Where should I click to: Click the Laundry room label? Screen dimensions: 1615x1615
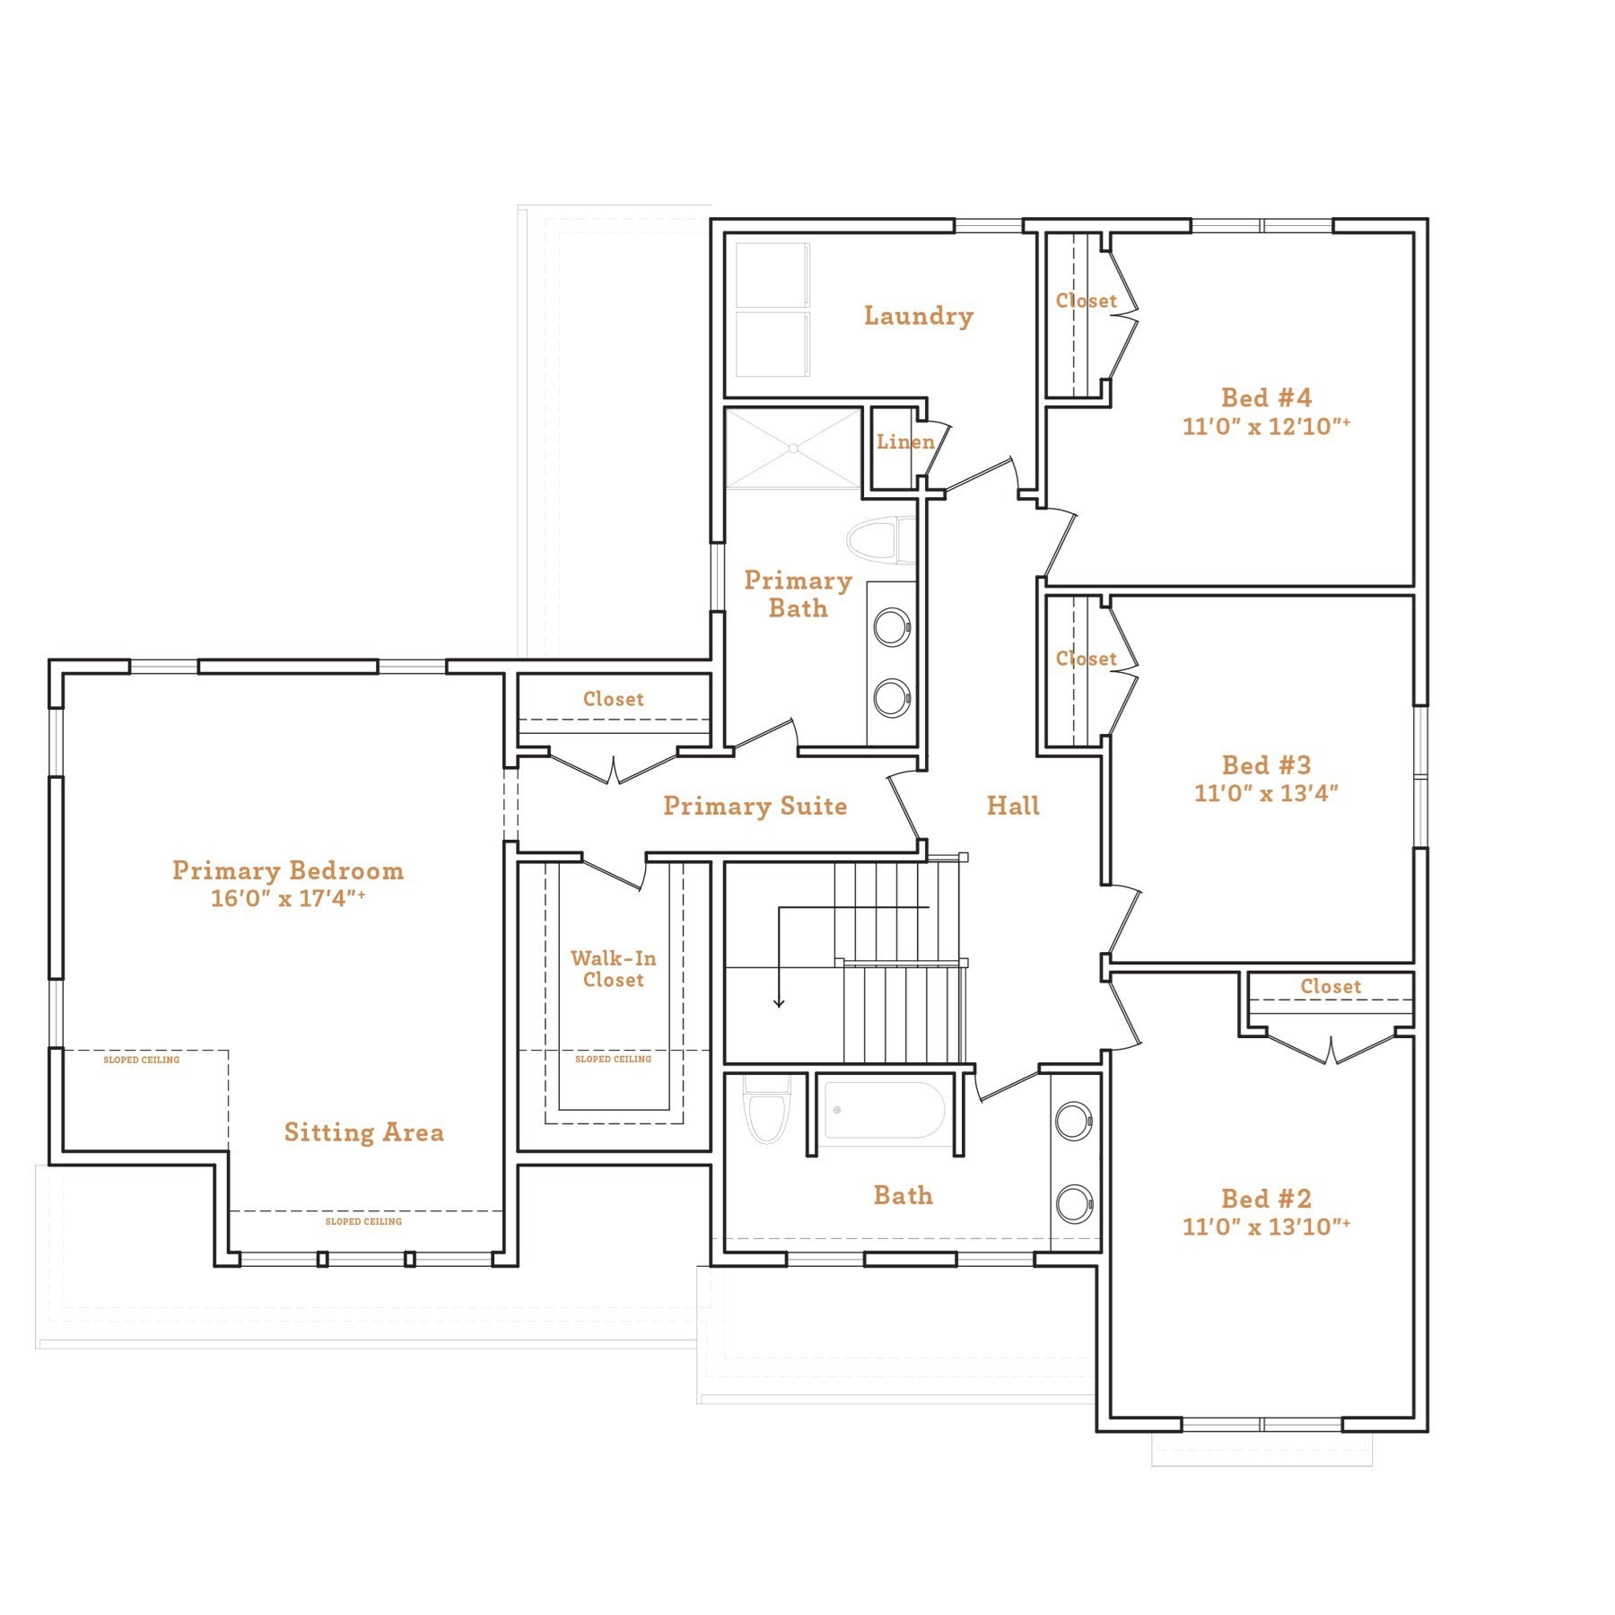tap(918, 316)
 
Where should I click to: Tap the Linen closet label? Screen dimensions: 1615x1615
tap(904, 441)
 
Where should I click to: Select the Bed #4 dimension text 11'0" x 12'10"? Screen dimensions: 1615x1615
tap(1265, 426)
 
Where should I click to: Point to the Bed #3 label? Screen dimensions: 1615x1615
tap(1266, 764)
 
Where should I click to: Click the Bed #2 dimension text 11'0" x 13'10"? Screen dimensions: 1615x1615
tap(1265, 1227)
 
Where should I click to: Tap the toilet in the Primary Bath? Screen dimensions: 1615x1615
tap(873, 541)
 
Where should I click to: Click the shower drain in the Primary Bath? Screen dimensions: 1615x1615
tap(794, 448)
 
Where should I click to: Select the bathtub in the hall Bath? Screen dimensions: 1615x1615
tap(884, 1110)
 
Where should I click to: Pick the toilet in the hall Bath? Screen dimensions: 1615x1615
tap(767, 1113)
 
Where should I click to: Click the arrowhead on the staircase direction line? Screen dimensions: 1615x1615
tap(779, 1002)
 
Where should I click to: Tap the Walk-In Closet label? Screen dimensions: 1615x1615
tap(614, 969)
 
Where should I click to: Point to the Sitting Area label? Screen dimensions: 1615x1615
tap(363, 1132)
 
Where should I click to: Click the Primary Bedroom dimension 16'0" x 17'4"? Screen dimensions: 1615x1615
tap(287, 898)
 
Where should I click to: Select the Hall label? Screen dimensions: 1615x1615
tap(1013, 806)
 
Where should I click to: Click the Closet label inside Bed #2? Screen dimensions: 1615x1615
tap(1331, 986)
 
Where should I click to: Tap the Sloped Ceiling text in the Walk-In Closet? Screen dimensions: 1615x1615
tap(613, 1060)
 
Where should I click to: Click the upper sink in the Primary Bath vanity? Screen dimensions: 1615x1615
tap(892, 627)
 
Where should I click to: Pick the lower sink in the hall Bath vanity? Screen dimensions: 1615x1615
tap(1074, 1203)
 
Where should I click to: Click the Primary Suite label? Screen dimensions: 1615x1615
tap(755, 806)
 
